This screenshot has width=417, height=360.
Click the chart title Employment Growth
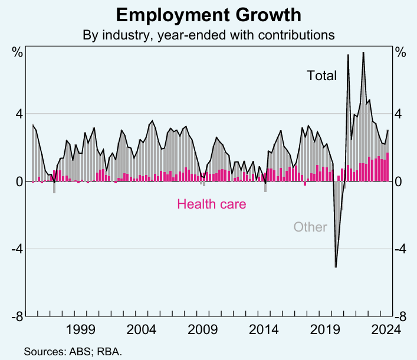point(208,15)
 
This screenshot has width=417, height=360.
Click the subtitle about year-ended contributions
point(208,35)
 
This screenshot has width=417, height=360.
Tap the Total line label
point(321,75)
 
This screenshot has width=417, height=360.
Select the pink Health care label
point(211,204)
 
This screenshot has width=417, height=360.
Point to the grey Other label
point(310,227)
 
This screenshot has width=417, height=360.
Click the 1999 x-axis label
point(81,329)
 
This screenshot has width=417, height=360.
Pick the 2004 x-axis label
point(142,329)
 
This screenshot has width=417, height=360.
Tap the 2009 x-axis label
point(202,329)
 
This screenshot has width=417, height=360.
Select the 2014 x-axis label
point(263,329)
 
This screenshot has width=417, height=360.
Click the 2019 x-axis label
point(324,329)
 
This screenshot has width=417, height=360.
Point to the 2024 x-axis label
point(385,329)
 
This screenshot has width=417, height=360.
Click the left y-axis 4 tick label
point(19,114)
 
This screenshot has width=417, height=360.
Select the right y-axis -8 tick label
point(400,316)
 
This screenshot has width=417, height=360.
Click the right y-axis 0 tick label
point(399,181)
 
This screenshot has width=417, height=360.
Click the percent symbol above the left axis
point(18,52)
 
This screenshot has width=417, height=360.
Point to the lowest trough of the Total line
point(336,267)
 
